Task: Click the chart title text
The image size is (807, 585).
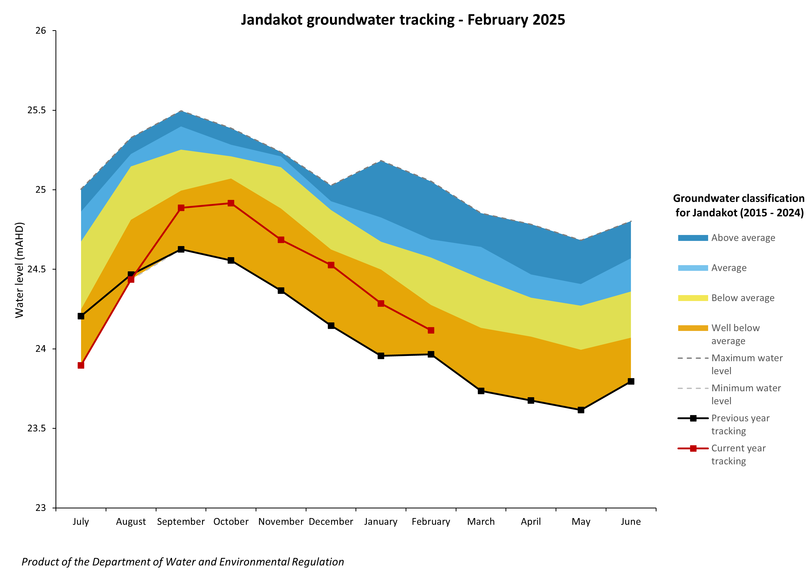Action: pyautogui.click(x=402, y=20)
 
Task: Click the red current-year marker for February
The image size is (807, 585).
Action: pyautogui.click(x=431, y=330)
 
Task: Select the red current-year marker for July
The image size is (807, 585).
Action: pyautogui.click(x=81, y=365)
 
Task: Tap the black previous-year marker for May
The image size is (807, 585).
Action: pyautogui.click(x=581, y=410)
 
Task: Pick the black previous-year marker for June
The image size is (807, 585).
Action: pyautogui.click(x=631, y=381)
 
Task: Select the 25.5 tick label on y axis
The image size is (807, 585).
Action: pyautogui.click(x=37, y=110)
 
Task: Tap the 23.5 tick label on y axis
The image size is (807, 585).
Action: pyautogui.click(x=37, y=428)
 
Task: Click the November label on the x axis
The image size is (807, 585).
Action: pyautogui.click(x=281, y=522)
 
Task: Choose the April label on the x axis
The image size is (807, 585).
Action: pyautogui.click(x=531, y=522)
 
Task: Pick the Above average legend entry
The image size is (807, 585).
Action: pyautogui.click(x=743, y=238)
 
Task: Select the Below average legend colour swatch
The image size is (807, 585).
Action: pyautogui.click(x=693, y=298)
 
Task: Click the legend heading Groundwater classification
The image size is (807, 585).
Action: pyautogui.click(x=738, y=198)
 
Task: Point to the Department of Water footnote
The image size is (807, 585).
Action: pyautogui.click(x=183, y=562)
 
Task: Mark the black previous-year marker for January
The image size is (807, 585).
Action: pyautogui.click(x=381, y=356)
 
